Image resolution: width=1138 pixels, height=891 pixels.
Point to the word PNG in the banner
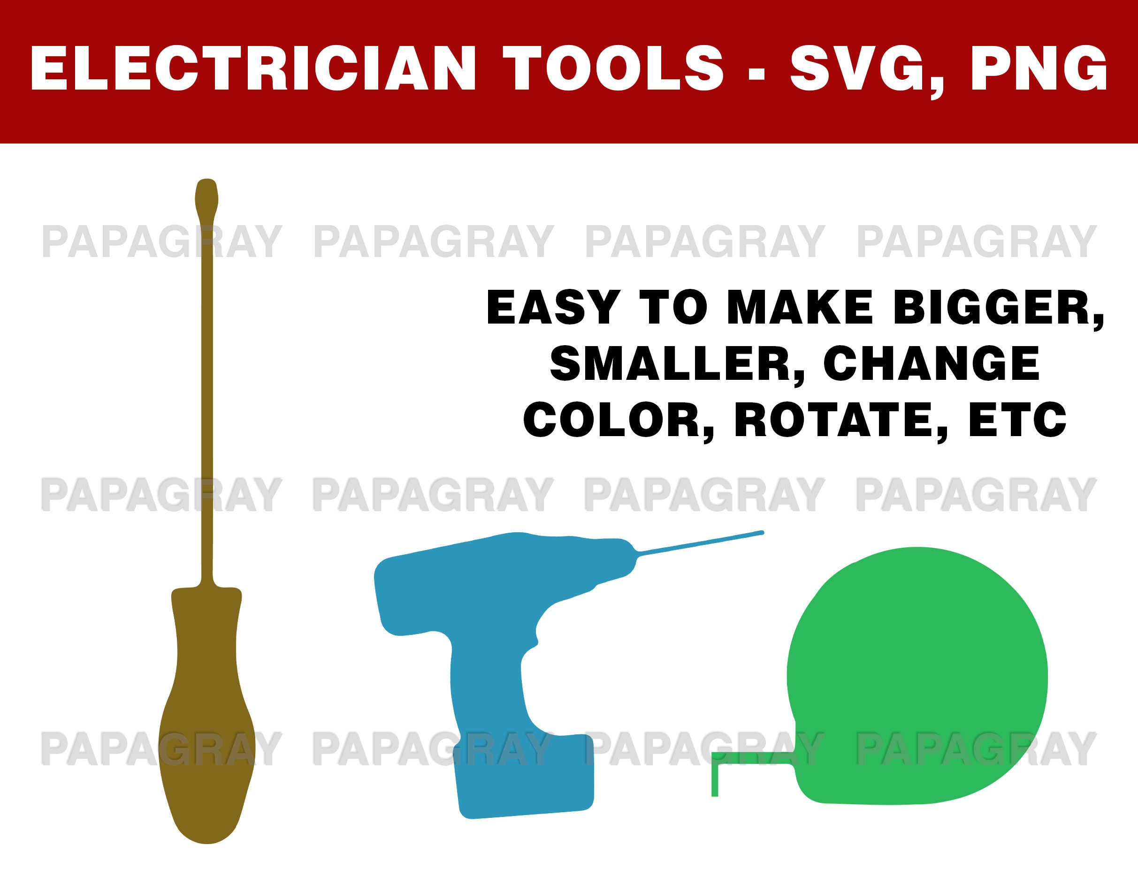click(1039, 69)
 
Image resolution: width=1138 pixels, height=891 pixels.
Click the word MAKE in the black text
click(799, 308)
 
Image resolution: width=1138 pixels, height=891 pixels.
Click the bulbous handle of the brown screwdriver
click(207, 730)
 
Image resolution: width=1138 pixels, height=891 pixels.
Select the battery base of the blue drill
click(525, 777)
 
